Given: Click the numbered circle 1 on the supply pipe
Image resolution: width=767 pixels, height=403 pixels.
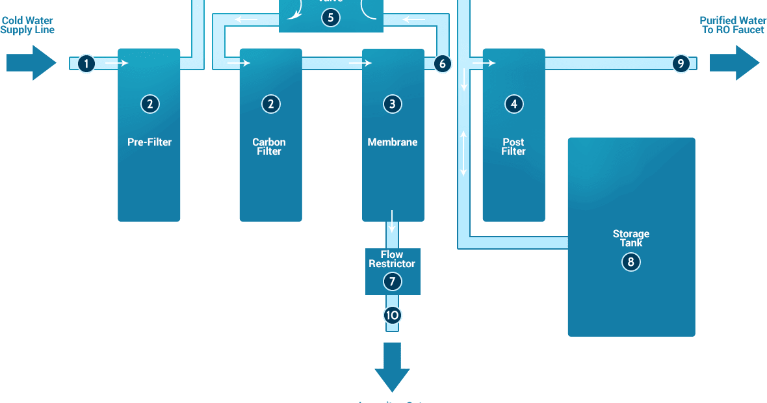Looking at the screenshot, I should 86,64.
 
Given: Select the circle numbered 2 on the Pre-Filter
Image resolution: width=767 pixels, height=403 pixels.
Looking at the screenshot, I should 149,103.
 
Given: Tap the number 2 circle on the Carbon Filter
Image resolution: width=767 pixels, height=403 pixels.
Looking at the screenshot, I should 270,103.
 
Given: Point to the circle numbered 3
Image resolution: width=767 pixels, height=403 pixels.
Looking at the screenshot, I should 392,103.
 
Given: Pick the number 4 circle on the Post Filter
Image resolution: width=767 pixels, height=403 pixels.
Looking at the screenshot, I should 513,103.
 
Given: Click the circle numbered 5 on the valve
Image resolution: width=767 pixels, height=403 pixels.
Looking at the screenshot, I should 330,17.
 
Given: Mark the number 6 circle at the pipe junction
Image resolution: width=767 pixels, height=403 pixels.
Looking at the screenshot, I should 442,64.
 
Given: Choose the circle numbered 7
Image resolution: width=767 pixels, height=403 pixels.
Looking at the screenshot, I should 392,281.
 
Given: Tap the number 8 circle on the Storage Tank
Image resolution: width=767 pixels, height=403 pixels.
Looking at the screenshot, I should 630,262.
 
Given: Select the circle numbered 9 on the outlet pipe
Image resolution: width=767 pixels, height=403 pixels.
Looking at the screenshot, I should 681,64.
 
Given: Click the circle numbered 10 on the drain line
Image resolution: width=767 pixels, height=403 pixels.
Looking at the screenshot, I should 392,315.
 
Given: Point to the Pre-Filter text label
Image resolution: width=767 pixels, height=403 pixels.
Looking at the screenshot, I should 149,142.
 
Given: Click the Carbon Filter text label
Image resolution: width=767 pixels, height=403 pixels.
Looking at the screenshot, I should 269,146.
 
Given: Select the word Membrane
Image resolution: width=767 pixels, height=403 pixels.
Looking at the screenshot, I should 393,142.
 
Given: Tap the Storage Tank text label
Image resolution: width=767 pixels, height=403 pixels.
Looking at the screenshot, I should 630,238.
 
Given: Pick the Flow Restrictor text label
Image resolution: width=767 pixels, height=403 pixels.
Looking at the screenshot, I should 392,259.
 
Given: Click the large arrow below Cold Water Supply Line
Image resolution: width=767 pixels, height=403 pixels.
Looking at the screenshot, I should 31,63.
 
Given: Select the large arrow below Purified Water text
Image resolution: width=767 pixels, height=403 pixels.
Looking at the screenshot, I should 734,63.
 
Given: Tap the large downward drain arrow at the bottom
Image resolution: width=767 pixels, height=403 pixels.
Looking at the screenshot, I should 392,367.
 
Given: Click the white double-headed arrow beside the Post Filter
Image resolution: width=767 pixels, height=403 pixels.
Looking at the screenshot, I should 464,153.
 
